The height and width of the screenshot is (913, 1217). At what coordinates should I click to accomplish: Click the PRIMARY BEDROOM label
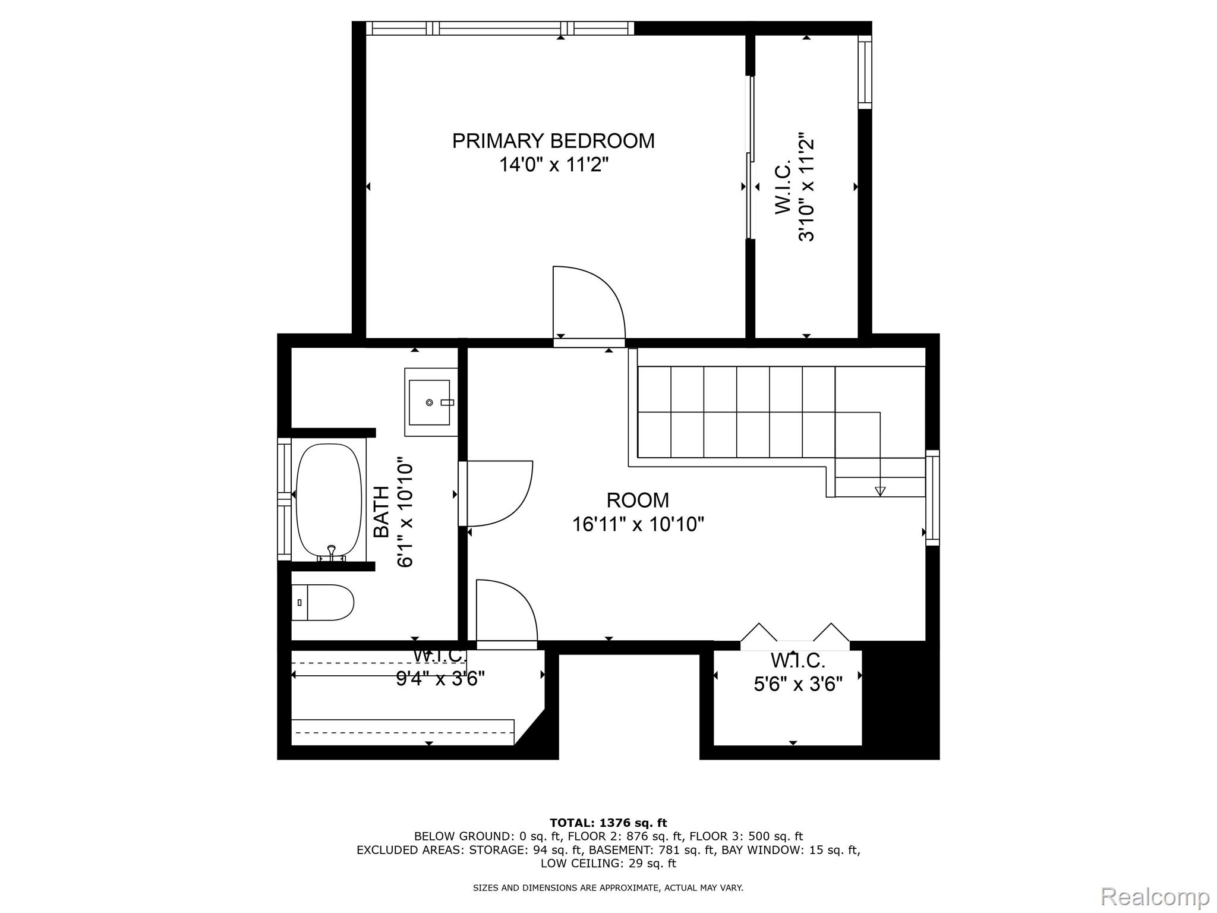click(x=553, y=141)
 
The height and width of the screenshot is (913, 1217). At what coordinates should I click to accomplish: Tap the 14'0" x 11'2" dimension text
click(x=553, y=164)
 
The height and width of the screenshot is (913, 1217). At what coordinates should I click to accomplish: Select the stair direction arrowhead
click(x=880, y=491)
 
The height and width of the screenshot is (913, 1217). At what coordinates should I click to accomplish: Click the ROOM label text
click(x=638, y=500)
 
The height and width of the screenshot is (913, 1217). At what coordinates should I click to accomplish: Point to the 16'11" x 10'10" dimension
click(x=638, y=524)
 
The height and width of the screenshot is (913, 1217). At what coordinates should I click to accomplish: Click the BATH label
click(x=382, y=512)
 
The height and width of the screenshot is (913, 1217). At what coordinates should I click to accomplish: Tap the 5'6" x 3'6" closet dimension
click(x=798, y=685)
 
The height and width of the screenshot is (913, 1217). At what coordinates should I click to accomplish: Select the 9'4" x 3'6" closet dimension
click(x=440, y=678)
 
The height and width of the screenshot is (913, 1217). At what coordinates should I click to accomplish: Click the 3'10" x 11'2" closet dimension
click(x=806, y=187)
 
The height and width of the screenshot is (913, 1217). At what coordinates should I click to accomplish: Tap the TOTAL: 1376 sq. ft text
click(x=608, y=823)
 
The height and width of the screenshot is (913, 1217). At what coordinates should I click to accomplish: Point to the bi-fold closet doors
click(x=794, y=633)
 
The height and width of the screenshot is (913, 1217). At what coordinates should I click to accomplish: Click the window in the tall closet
click(x=865, y=72)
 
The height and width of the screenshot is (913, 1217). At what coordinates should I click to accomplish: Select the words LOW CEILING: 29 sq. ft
click(x=608, y=863)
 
